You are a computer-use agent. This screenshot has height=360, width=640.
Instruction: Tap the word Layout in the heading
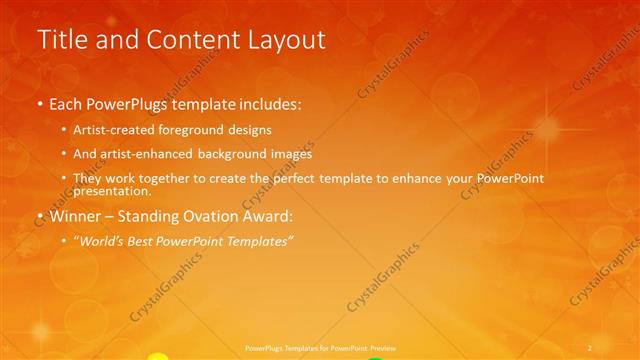pyautogui.click(x=281, y=40)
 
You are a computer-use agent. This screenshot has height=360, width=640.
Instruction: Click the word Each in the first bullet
pyautogui.click(x=66, y=103)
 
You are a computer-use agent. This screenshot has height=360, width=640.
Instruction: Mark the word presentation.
pyautogui.click(x=112, y=191)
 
